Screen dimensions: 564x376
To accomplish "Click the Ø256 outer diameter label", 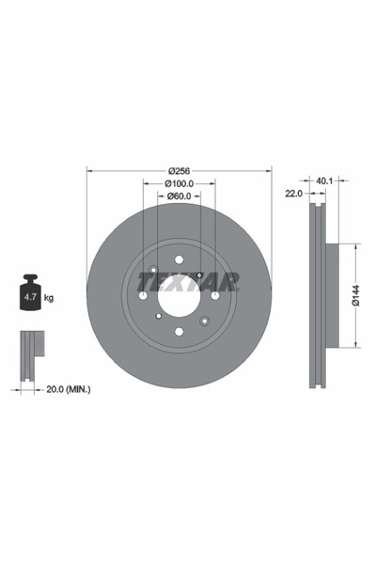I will click(180, 170).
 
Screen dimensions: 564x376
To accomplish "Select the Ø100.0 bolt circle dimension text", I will click(180, 183).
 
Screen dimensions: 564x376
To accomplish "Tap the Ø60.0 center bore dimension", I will click(180, 196).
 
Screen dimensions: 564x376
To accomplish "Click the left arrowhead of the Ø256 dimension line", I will click(89, 170).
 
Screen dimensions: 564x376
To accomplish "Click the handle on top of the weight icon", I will click(29, 279).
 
